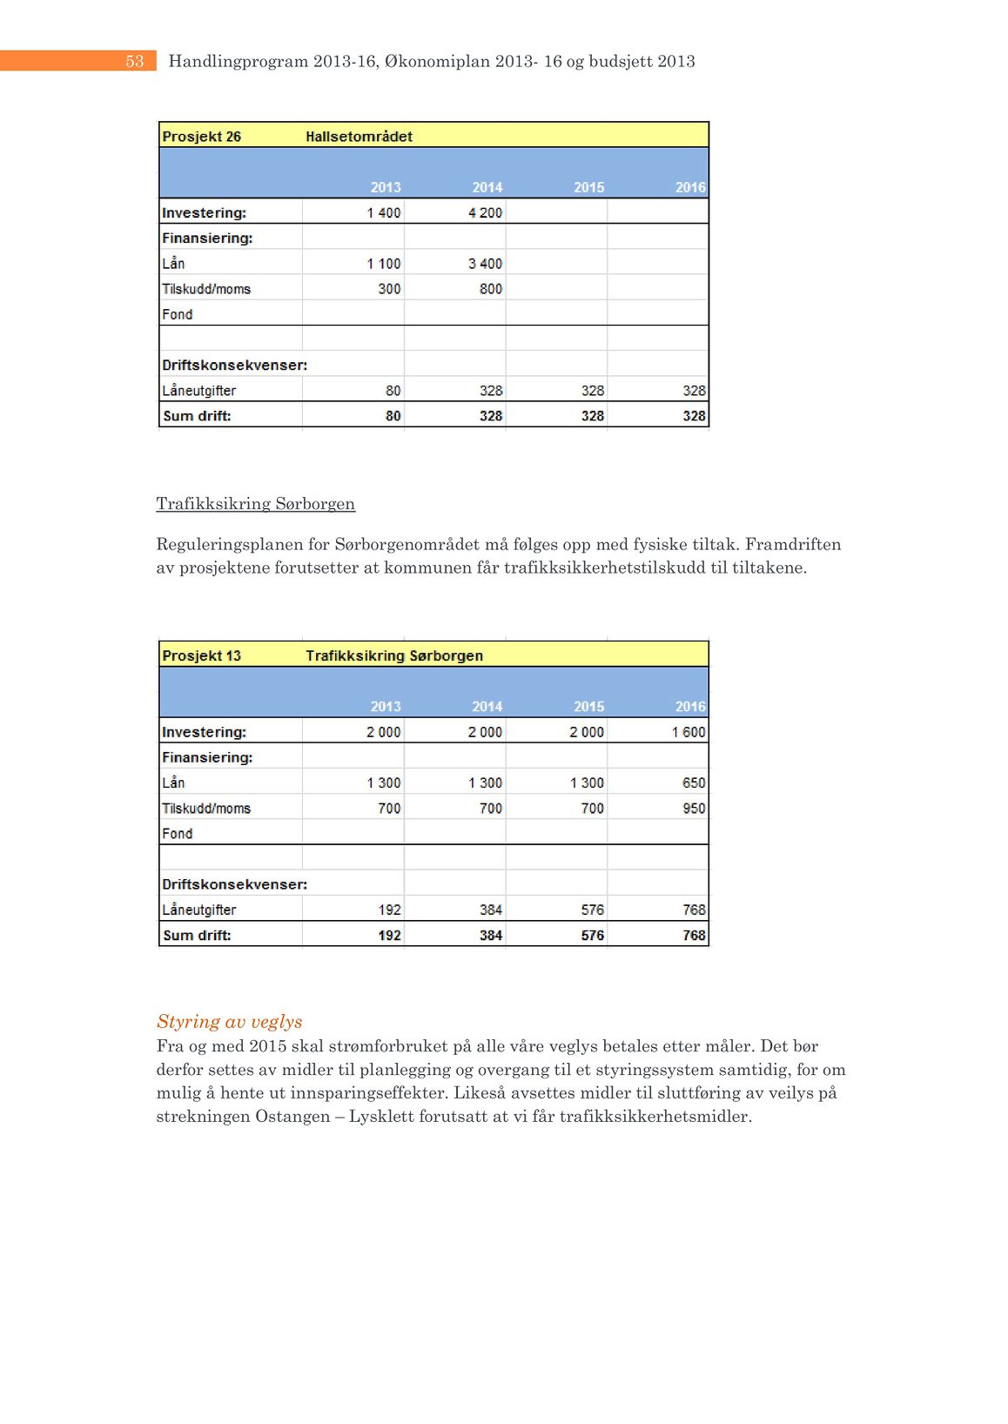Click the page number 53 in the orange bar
point(134,61)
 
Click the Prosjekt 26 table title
point(201,137)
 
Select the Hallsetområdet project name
point(359,137)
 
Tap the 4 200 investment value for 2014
point(485,212)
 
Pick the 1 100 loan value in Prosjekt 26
point(383,264)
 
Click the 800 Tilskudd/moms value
point(491,289)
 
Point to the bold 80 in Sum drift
point(393,416)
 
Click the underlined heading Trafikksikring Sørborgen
point(255,504)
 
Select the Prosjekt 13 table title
point(201,656)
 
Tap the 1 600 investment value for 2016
point(688,732)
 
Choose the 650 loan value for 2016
point(694,783)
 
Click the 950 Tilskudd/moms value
point(694,809)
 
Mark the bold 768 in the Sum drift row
point(694,936)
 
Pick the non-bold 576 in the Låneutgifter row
point(592,910)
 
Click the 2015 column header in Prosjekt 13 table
point(588,707)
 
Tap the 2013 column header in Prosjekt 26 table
point(386,187)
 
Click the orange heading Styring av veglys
point(229,1022)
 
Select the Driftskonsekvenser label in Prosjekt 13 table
point(234,884)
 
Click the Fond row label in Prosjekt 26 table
point(177,314)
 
